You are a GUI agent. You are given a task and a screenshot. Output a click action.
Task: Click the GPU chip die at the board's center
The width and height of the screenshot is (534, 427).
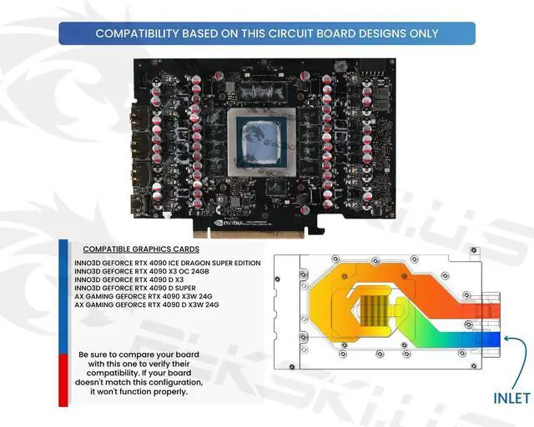(259, 134)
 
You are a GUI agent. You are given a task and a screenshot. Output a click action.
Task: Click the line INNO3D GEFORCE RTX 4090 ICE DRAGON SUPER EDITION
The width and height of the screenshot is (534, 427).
(167, 264)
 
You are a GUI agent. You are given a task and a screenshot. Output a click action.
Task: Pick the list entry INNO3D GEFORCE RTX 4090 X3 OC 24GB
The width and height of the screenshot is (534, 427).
(141, 272)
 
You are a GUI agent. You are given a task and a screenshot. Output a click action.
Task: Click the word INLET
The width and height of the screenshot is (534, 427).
(511, 398)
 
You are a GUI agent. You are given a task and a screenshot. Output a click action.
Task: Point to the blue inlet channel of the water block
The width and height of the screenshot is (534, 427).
(484, 337)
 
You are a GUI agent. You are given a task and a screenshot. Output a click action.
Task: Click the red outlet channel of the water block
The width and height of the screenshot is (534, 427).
(484, 310)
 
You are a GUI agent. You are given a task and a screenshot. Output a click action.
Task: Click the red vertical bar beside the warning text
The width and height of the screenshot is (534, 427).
(63, 379)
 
